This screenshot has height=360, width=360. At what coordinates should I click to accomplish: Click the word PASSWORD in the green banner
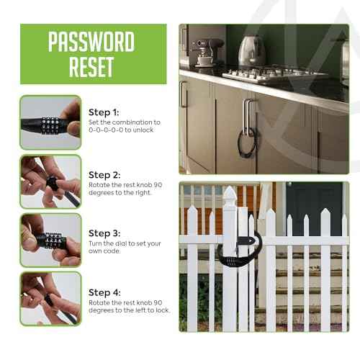(x=91, y=42)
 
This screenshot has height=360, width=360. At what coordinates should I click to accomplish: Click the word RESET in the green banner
(x=91, y=67)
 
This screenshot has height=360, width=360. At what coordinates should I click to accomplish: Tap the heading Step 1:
(x=104, y=112)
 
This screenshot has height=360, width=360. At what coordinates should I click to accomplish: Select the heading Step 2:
(x=104, y=175)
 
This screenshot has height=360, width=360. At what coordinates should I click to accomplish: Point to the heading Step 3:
(x=104, y=233)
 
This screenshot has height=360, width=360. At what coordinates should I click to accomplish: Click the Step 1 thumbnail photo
(x=50, y=122)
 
